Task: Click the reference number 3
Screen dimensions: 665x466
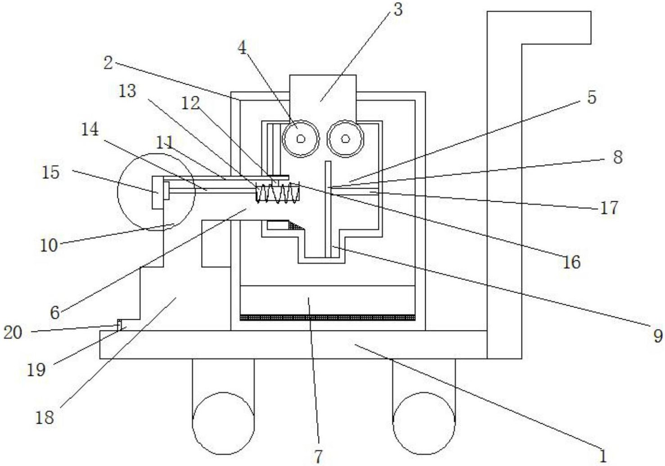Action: [397, 9]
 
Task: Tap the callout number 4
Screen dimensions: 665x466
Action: [243, 49]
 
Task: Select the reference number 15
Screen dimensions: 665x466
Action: [50, 172]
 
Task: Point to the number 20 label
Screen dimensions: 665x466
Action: [13, 333]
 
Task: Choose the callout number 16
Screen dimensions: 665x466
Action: [571, 262]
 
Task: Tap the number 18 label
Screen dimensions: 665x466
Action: [45, 417]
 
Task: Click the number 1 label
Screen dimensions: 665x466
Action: [602, 456]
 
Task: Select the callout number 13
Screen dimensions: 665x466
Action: [127, 90]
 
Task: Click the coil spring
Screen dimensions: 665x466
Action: [278, 193]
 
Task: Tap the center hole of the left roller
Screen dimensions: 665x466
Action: [301, 139]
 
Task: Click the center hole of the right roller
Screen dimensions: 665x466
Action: [345, 139]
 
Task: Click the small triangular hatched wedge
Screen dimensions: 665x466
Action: [296, 225]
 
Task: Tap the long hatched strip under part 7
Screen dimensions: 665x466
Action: [327, 318]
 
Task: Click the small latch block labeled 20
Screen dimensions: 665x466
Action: [120, 325]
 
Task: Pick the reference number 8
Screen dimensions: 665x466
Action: [617, 157]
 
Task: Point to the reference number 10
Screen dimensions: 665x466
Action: [49, 246]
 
